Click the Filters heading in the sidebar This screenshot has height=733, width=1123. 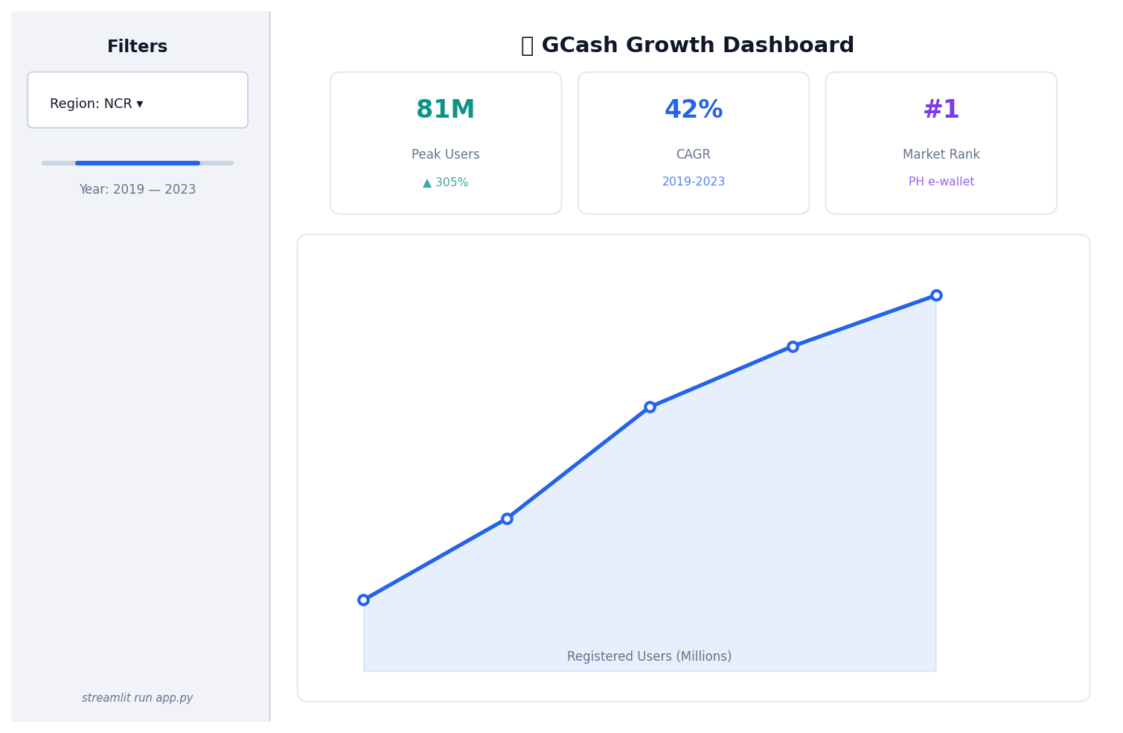pos(138,47)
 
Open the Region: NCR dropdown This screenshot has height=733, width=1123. pos(138,101)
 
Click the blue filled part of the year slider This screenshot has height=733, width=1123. pos(138,162)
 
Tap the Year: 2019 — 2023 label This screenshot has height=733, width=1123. pos(138,190)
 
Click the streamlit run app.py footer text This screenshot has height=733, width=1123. pos(138,698)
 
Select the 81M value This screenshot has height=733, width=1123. pos(445,110)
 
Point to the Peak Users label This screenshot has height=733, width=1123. pos(445,155)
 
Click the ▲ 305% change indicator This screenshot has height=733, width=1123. pos(445,183)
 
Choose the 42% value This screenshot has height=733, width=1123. pos(693,110)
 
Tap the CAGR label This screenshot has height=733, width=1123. pos(693,155)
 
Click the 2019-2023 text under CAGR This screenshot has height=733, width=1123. pos(693,182)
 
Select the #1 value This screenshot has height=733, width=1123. pos(941,110)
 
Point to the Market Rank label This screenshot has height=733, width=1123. pos(941,155)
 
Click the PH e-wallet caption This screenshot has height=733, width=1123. pos(941,182)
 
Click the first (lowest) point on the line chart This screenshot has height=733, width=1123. pos(363,600)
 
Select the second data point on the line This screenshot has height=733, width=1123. pos(507,518)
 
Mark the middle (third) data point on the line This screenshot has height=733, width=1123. pos(650,407)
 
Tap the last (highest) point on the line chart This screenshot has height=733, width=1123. pos(936,295)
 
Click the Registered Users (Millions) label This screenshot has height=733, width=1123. pos(649,656)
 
